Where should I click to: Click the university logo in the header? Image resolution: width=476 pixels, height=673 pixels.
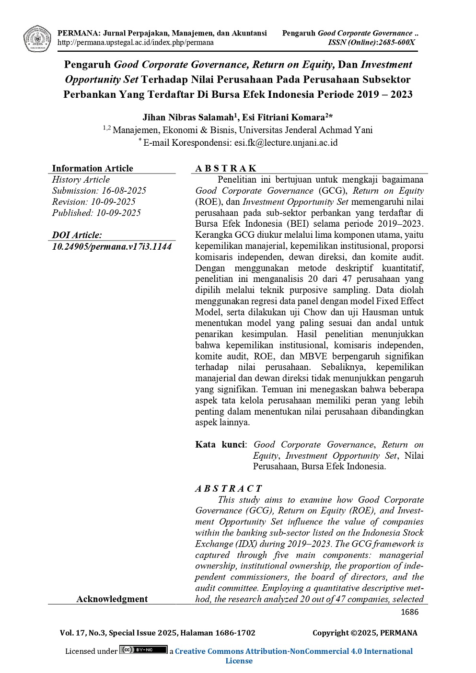(37, 38)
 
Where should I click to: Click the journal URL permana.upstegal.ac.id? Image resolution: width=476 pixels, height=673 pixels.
(136, 43)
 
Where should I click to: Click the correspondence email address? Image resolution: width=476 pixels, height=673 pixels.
(286, 143)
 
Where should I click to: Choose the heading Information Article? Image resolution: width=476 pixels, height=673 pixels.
(93, 168)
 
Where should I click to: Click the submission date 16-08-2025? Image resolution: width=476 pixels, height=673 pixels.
(124, 191)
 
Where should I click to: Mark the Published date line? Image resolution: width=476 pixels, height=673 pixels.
(96, 213)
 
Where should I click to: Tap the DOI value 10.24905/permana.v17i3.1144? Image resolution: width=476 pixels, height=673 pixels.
(112, 247)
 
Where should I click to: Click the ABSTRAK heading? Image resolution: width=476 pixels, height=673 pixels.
(226, 168)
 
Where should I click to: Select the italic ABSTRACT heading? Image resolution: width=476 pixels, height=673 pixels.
(228, 488)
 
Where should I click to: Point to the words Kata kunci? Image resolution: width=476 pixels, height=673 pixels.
(220, 445)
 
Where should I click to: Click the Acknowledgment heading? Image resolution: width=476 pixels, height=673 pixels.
(112, 599)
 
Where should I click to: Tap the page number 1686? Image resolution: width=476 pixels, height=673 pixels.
(409, 612)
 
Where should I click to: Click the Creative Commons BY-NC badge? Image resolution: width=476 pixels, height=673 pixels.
(143, 650)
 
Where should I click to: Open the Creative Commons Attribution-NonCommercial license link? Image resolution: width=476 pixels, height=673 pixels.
(293, 651)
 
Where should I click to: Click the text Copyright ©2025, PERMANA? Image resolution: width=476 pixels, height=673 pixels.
(365, 633)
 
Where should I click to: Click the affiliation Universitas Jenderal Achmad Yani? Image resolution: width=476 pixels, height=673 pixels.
(306, 130)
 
